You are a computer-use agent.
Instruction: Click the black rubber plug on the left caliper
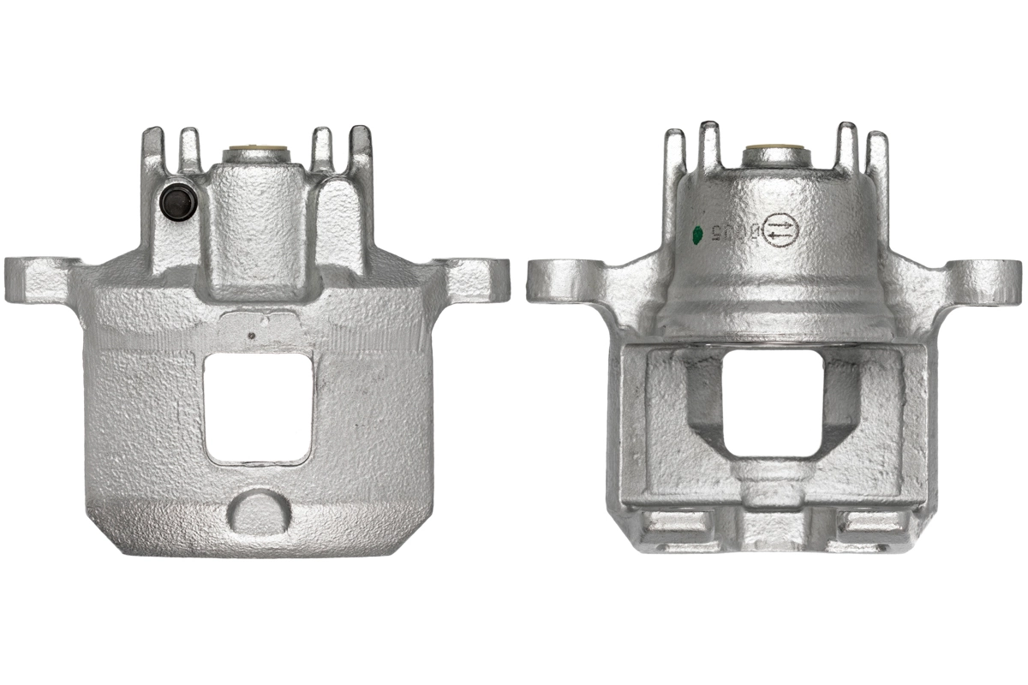click(x=177, y=203)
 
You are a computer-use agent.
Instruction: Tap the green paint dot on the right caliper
click(x=696, y=232)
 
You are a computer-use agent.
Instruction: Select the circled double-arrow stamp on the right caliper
click(x=780, y=230)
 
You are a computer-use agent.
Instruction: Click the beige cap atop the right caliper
click(x=775, y=154)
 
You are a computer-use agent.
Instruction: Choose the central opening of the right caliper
click(x=772, y=402)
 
